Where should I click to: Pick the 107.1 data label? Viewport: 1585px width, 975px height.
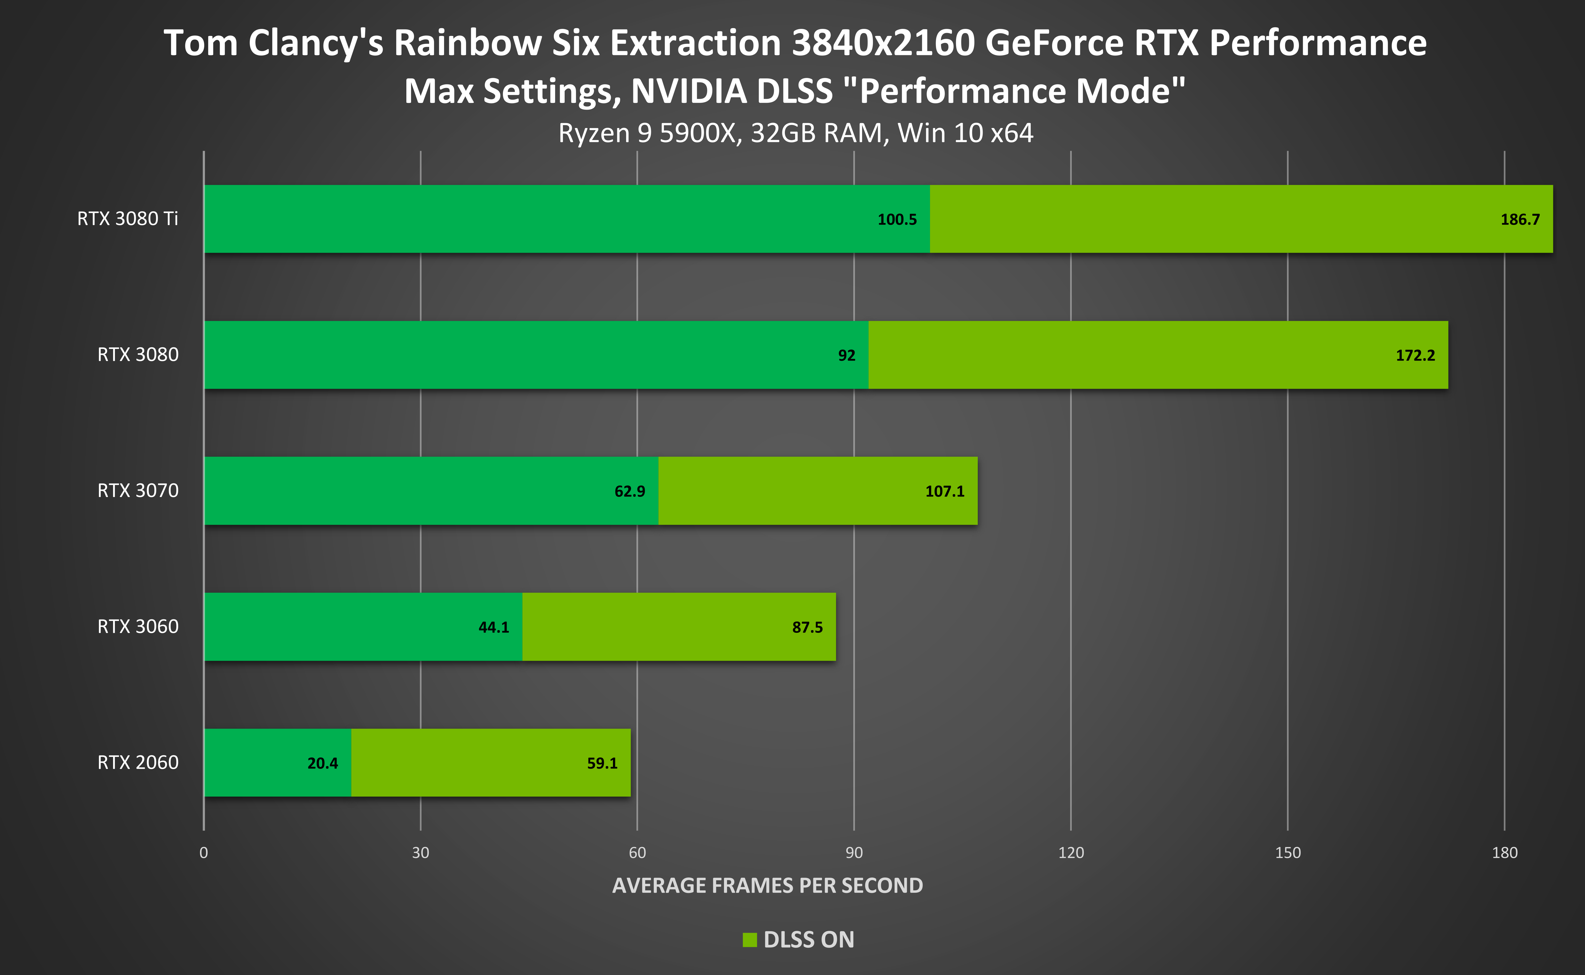pos(944,491)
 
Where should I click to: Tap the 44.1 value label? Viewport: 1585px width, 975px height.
pos(493,627)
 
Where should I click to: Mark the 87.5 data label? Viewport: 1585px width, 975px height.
pos(807,627)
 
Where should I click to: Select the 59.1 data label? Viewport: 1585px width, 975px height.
pos(602,763)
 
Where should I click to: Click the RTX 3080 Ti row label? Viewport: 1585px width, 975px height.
pos(128,219)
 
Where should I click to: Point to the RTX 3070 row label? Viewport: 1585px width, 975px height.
pos(138,491)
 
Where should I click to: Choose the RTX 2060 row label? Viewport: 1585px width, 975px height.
pos(138,763)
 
